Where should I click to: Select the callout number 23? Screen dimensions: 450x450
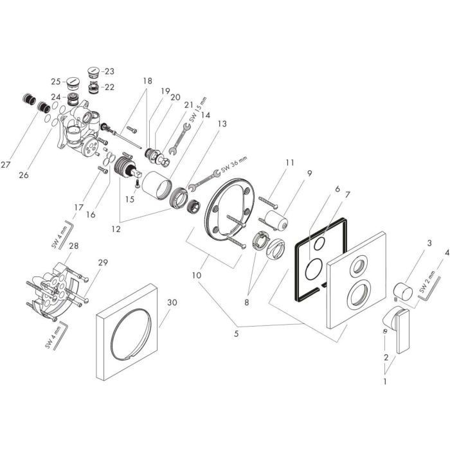[x=109, y=71]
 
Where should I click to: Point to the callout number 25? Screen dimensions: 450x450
[x=56, y=81]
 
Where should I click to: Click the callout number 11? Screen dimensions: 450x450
[x=290, y=163]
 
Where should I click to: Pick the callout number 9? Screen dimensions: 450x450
[x=309, y=173]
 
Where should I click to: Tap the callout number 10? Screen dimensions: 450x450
[x=197, y=274]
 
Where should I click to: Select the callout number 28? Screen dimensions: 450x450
[x=73, y=246]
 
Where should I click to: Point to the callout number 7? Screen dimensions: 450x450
[x=347, y=194]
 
